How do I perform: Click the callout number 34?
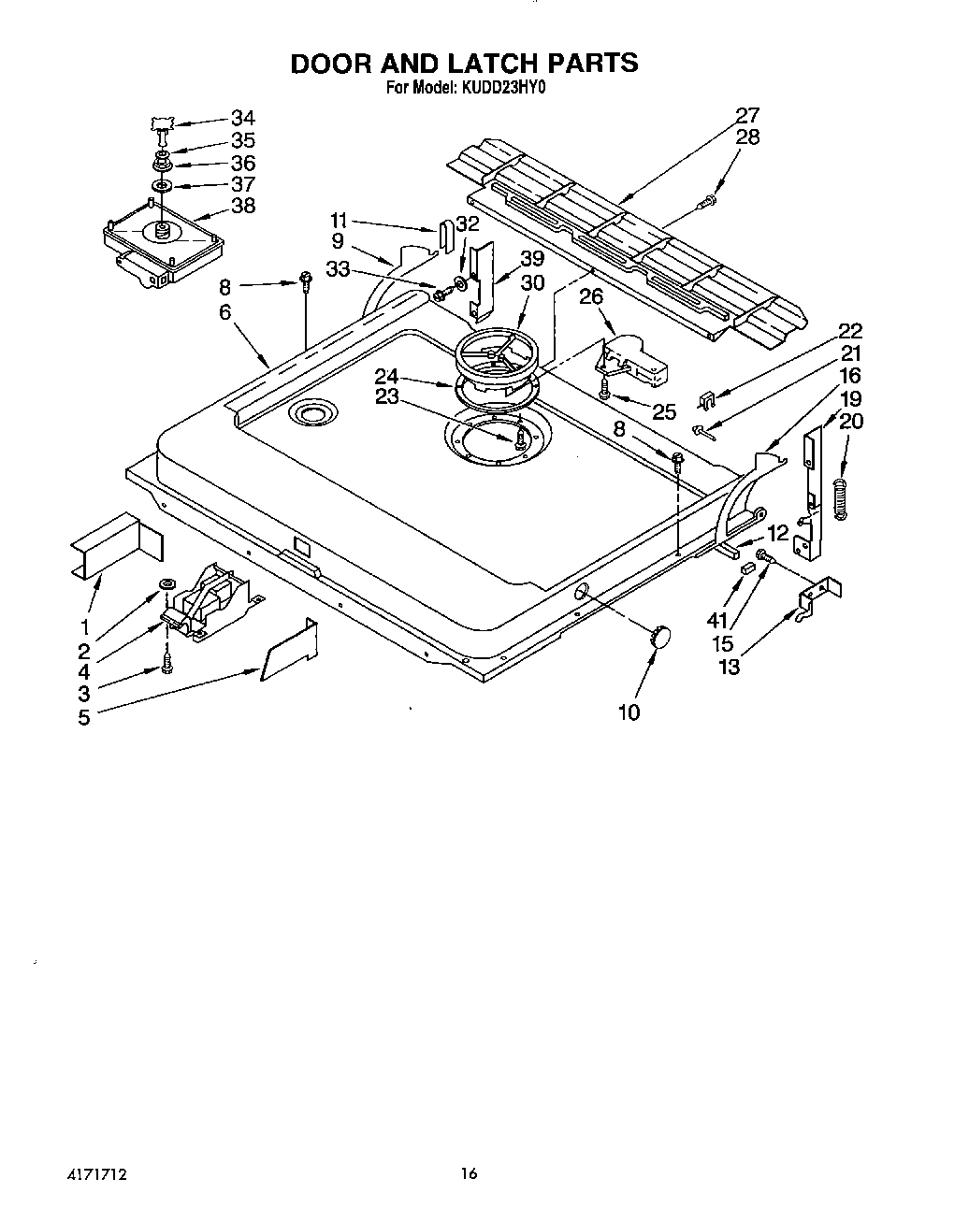(x=242, y=118)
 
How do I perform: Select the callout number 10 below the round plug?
(x=629, y=712)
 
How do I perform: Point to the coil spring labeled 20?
(x=842, y=494)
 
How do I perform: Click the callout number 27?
(x=747, y=116)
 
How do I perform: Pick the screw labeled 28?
(x=708, y=199)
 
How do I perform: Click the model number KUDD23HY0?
(x=504, y=90)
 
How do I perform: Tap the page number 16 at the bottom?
(x=469, y=1173)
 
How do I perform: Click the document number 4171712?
(x=96, y=1174)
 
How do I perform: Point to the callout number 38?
(x=242, y=206)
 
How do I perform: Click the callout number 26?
(x=591, y=297)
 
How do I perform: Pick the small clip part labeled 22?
(x=709, y=400)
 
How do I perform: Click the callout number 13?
(x=728, y=667)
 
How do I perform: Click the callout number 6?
(x=224, y=312)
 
